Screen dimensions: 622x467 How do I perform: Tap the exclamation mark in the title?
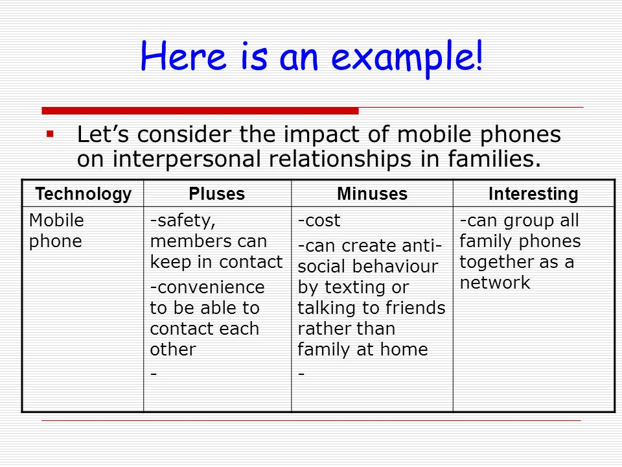[x=479, y=54]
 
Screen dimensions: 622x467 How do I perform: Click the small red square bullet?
[x=50, y=134]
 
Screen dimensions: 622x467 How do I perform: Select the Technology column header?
[x=84, y=194]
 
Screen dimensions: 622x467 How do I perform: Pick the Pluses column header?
[x=217, y=194]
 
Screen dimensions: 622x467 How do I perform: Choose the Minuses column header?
[x=372, y=194]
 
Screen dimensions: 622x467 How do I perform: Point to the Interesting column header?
[x=533, y=194]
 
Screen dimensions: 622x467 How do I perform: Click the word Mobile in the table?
[x=56, y=220]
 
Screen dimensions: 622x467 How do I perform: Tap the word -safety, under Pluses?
[x=183, y=221]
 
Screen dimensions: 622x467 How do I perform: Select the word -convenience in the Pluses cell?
[x=207, y=287]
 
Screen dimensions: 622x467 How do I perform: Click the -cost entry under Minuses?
[x=319, y=221]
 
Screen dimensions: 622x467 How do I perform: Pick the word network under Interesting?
[x=495, y=282]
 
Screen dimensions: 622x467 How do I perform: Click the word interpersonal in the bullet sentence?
[x=188, y=160]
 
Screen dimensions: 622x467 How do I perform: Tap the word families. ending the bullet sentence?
[x=494, y=158]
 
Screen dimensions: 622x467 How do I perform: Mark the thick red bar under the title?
[x=200, y=111]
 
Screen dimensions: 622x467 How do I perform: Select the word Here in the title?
[x=183, y=56]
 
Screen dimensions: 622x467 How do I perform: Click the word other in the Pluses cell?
[x=173, y=350]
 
